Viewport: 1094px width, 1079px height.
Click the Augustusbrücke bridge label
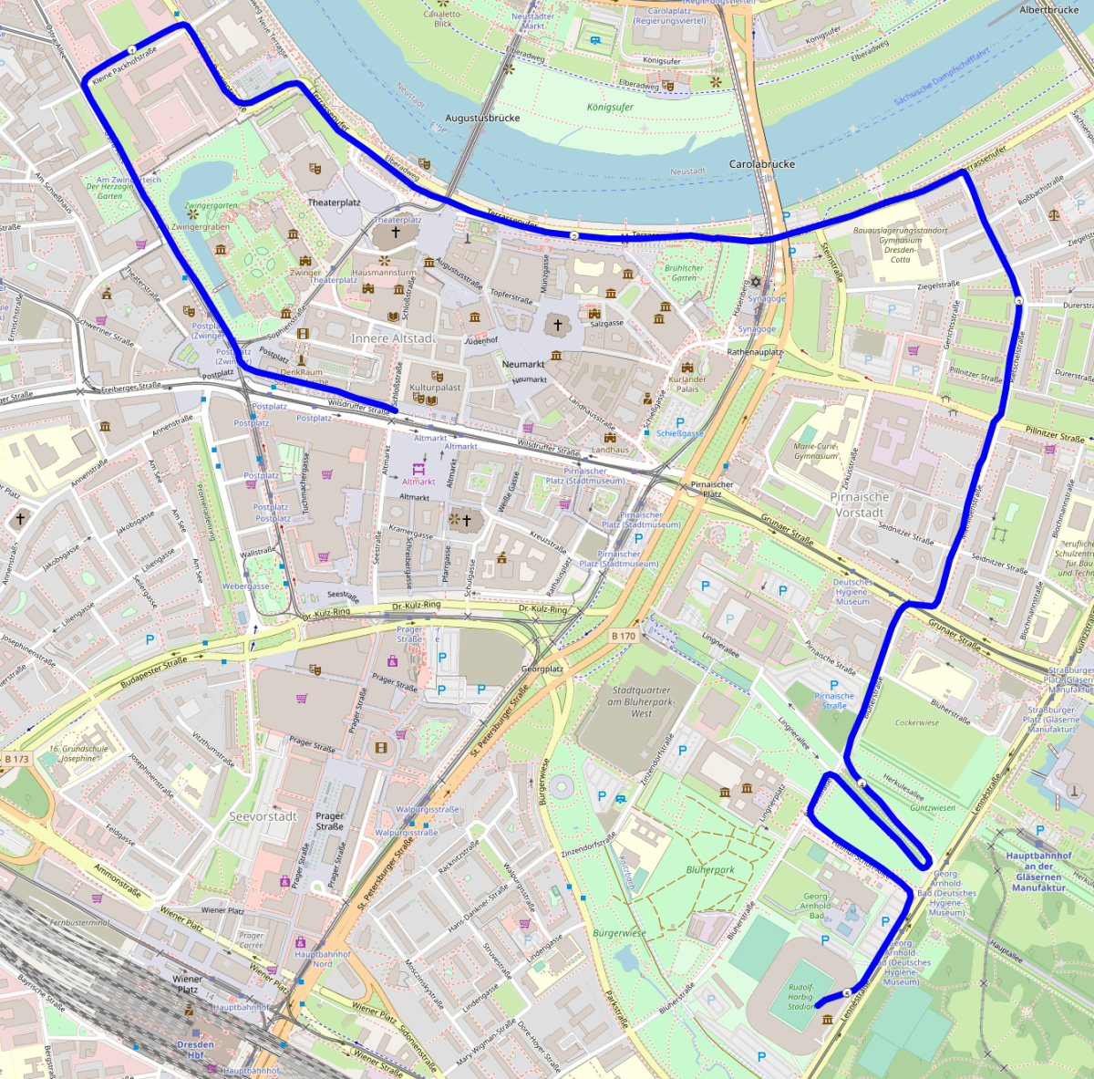[482, 119]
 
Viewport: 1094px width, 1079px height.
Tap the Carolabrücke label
[762, 164]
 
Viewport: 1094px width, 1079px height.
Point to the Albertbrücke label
[1048, 10]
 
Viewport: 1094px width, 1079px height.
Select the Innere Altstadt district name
[393, 338]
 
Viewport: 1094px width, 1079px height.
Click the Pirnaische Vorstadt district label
[860, 504]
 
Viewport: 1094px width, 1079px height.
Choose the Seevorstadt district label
[263, 816]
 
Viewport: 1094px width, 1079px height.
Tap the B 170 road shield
[624, 636]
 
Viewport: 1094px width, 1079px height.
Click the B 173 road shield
[16, 759]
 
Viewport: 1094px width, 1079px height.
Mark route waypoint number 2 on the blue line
[573, 236]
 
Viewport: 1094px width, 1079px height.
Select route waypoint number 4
[862, 783]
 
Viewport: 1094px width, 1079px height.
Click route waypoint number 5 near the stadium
[847, 992]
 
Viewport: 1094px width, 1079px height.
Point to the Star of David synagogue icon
[755, 284]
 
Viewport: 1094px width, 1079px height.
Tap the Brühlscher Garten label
[684, 273]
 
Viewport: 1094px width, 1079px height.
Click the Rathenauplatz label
[755, 352]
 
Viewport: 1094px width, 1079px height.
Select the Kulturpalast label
[435, 388]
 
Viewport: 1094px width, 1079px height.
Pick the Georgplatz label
[542, 669]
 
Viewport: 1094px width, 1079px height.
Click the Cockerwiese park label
[917, 722]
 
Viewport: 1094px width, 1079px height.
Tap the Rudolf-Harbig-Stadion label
[800, 997]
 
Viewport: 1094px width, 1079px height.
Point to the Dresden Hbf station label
[195, 1050]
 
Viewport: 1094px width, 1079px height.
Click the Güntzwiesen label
[933, 808]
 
